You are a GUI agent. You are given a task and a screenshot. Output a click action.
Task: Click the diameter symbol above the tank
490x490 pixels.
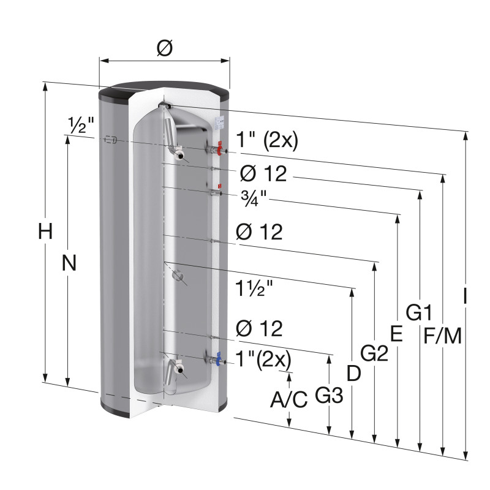click(x=165, y=49)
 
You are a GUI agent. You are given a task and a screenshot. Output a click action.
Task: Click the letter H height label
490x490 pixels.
click(x=45, y=232)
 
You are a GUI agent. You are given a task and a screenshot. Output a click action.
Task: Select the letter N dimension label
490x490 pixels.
click(x=69, y=263)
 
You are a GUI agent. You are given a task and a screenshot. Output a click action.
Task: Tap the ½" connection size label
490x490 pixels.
click(x=81, y=126)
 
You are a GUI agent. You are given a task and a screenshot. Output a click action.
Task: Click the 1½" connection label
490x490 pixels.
click(x=254, y=288)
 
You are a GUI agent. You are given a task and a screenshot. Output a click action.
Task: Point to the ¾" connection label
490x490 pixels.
click(x=254, y=198)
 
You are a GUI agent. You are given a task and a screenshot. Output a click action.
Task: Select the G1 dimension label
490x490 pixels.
click(x=419, y=312)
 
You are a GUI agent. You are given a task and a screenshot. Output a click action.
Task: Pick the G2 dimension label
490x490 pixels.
click(x=374, y=353)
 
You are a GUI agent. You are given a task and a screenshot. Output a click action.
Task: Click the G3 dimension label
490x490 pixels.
click(x=329, y=395)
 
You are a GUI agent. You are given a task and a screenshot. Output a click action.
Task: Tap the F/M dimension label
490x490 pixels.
click(x=442, y=336)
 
